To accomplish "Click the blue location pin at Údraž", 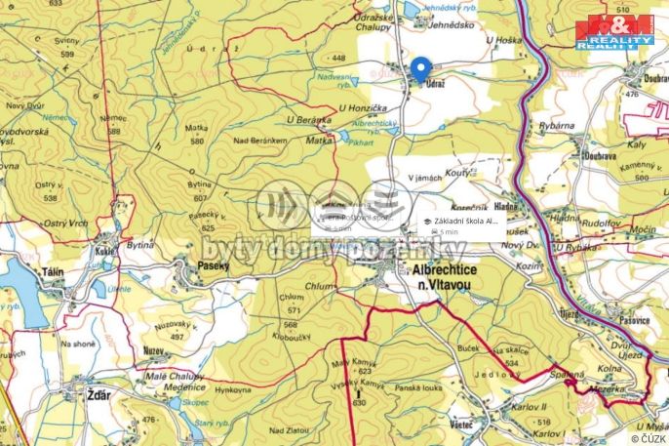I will pos(420,69).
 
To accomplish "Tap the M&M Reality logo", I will pos(614,32).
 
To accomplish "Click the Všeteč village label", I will pos(462,425).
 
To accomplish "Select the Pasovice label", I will pos(634,320).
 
